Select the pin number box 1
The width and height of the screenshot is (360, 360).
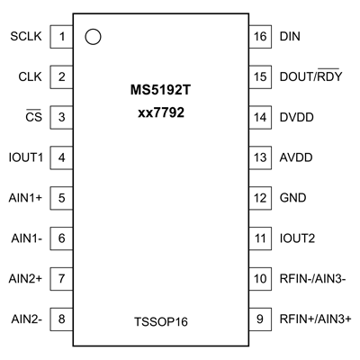point(62,37)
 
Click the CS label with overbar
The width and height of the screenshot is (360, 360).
point(34,117)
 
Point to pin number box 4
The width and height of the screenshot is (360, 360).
point(62,157)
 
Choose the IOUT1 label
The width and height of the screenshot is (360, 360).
point(26,157)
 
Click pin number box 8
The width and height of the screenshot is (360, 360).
point(62,319)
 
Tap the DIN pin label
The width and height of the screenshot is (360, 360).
point(292,37)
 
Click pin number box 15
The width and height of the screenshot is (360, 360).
point(261,77)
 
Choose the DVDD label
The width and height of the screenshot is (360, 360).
point(298,117)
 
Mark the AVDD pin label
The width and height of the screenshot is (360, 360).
point(298,157)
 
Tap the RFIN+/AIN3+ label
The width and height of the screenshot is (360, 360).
point(315,319)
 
